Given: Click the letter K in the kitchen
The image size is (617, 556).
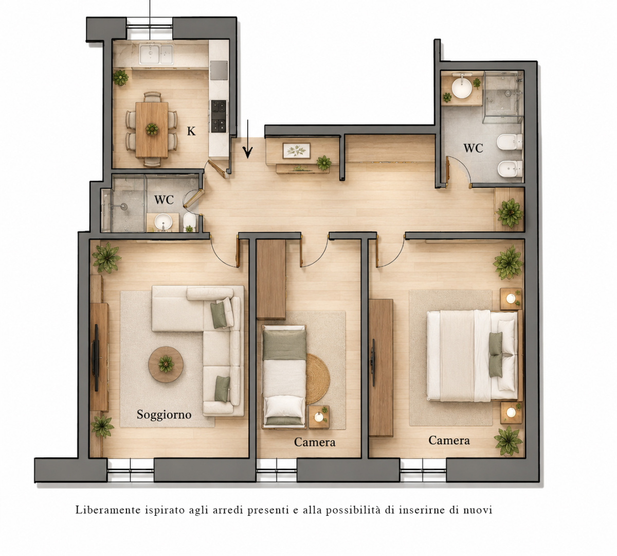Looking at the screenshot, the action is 191,131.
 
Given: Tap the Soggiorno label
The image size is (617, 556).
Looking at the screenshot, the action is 164,415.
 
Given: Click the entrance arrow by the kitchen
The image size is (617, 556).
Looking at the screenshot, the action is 248,139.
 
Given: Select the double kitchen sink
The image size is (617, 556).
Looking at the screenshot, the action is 156,54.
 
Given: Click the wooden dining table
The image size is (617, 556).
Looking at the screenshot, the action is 152,130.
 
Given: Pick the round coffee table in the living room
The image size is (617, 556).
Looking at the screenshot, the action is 166,364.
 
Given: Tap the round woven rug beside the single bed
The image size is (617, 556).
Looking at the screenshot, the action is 318,378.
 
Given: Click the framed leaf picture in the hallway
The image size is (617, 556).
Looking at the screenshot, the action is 297,151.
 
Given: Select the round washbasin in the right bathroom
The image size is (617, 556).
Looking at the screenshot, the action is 462,87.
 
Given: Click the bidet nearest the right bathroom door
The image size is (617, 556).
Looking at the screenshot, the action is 510,169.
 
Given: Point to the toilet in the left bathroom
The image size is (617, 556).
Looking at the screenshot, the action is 189,221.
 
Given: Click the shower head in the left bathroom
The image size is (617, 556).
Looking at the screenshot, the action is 123,206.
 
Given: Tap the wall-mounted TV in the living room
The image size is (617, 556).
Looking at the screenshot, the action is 97,358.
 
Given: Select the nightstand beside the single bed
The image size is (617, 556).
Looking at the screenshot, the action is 319,418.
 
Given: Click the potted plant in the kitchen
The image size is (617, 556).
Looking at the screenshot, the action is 120,78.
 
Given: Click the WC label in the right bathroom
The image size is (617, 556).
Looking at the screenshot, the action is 473,148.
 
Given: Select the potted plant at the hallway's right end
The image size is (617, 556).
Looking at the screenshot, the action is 510,213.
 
